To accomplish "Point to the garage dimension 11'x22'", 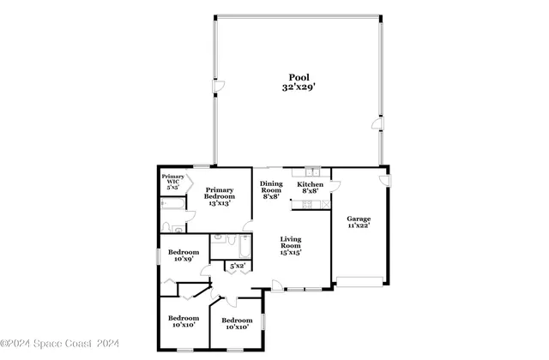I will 359,228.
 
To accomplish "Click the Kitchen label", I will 310,184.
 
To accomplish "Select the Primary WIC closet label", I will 173,181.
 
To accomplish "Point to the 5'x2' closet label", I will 236,267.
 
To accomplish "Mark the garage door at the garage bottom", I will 360,280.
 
